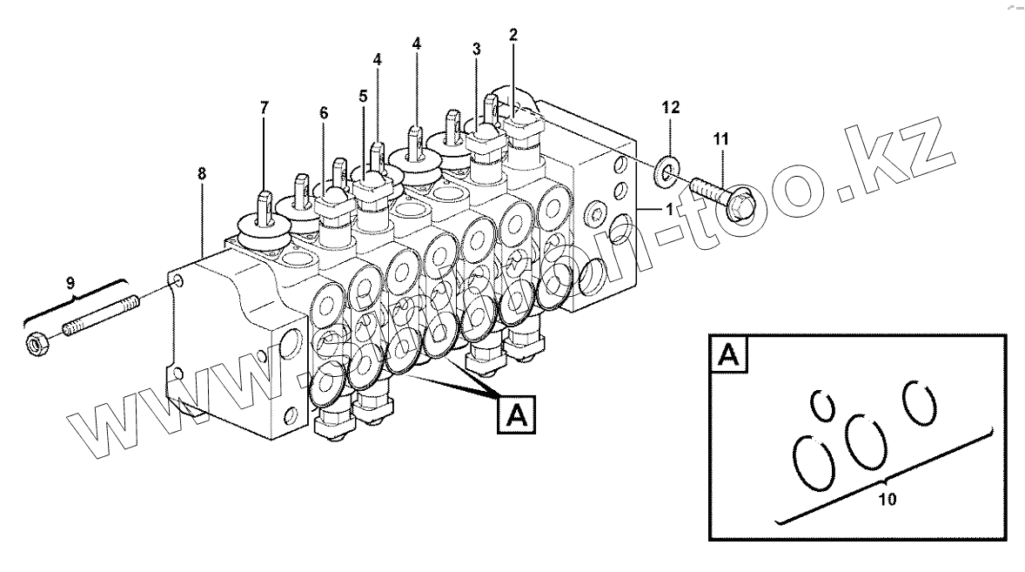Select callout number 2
tap(512, 35)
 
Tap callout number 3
tap(476, 50)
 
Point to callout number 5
tap(363, 97)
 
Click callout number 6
tap(324, 112)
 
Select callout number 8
tap(202, 173)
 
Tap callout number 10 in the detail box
tap(886, 501)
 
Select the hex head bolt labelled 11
tap(721, 195)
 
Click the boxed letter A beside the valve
tap(516, 414)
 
